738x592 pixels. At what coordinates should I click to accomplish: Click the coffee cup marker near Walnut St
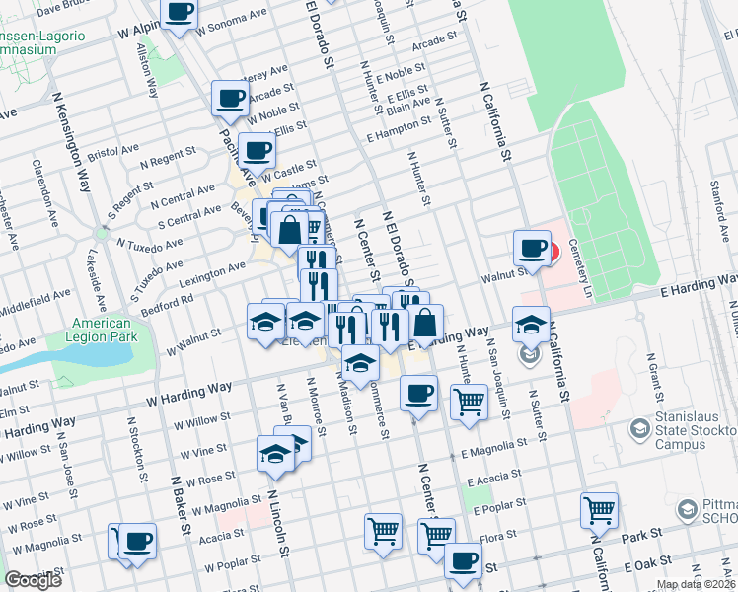click(532, 248)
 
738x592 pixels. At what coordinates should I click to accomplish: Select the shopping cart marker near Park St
click(599, 511)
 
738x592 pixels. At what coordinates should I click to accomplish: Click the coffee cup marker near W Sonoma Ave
click(180, 13)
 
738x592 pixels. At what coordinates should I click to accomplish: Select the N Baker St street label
click(179, 498)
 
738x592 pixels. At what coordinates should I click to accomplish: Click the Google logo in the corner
click(33, 580)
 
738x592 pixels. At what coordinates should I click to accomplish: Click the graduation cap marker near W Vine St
click(276, 453)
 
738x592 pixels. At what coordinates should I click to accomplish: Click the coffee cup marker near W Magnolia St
click(138, 541)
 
